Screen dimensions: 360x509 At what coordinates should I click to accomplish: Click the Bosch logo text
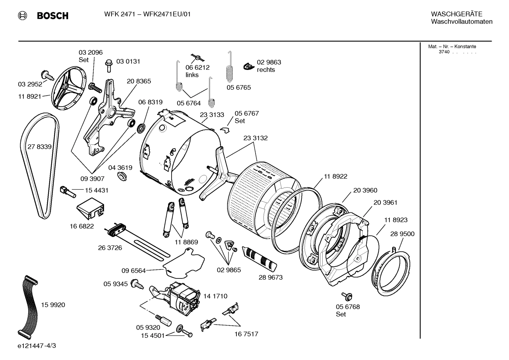coord(52,16)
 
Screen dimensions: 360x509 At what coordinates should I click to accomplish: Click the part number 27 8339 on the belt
coord(39,147)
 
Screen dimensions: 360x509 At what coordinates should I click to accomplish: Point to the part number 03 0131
coord(128,61)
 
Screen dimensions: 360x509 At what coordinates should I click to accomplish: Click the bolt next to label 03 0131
coord(109,65)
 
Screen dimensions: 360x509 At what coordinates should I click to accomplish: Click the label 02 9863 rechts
coord(268,66)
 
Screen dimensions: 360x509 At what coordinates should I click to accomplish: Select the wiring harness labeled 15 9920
coord(28,305)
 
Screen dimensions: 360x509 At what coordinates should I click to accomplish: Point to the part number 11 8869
coord(186,242)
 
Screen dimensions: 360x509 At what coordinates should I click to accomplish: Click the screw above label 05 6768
coord(345,296)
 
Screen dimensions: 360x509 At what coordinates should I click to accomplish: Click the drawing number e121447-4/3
coord(37,346)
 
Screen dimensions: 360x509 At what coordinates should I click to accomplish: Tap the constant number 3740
coord(444,52)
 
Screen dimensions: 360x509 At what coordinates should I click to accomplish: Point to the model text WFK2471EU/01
coord(167,14)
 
